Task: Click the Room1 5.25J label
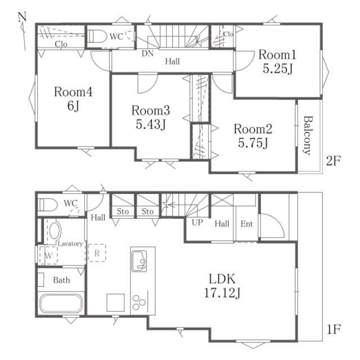pyautogui.click(x=277, y=61)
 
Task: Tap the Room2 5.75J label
pyautogui.click(x=253, y=136)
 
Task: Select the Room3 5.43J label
pyautogui.click(x=151, y=117)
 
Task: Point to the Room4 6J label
pyautogui.click(x=73, y=99)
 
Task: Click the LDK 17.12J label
pyautogui.click(x=222, y=286)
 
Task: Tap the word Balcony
pyautogui.click(x=308, y=136)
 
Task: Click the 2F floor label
pyautogui.click(x=334, y=161)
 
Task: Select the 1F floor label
pyautogui.click(x=334, y=329)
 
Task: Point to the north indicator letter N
pyautogui.click(x=22, y=17)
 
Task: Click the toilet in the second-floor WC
pyautogui.click(x=97, y=36)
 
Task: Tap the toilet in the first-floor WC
pyautogui.click(x=48, y=205)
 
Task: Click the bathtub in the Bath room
pyautogui.click(x=61, y=304)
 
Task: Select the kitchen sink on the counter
pyautogui.click(x=139, y=261)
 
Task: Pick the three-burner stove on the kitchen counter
pyautogui.click(x=139, y=303)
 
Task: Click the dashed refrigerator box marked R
pyautogui.click(x=97, y=253)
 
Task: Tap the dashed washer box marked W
pyautogui.click(x=48, y=255)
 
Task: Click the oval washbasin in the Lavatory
pyautogui.click(x=55, y=231)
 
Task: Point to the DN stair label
pyautogui.click(x=147, y=53)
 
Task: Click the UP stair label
pyautogui.click(x=197, y=222)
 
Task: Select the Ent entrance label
pyautogui.click(x=246, y=224)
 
